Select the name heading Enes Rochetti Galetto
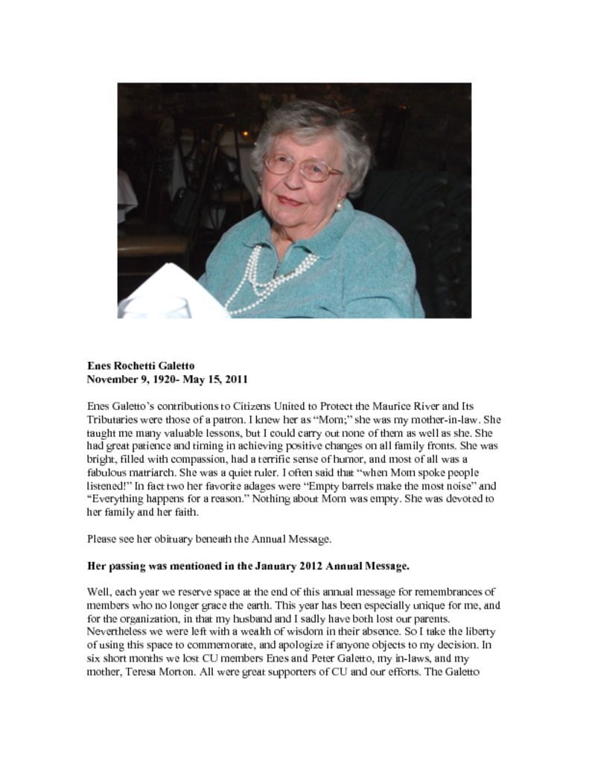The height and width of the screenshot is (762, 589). point(141,366)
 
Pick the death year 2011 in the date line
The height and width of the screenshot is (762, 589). point(235,380)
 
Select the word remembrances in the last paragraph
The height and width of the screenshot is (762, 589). point(454,592)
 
